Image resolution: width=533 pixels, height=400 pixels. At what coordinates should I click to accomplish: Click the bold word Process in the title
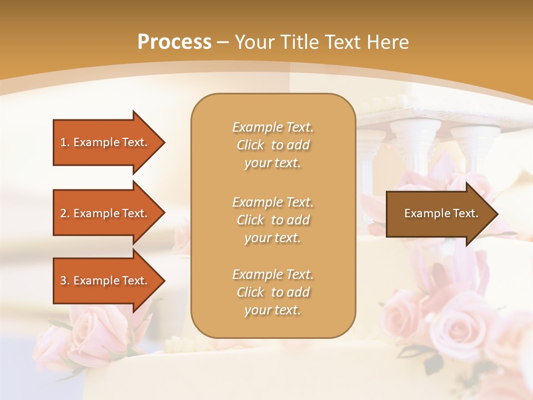tap(174, 42)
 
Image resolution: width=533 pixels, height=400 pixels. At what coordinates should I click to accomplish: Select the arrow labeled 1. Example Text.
tap(105, 142)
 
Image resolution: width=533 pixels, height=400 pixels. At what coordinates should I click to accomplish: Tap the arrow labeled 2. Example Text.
tap(105, 213)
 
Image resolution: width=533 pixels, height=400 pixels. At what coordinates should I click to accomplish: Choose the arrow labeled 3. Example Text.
tap(105, 281)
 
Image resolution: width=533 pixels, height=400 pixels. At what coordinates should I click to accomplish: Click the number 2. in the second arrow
tap(65, 213)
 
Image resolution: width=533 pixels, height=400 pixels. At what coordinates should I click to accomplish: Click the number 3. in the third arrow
tap(65, 281)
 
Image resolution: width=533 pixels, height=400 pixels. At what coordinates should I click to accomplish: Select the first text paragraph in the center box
tap(273, 145)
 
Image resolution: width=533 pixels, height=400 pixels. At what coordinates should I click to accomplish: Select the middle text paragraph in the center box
tap(273, 220)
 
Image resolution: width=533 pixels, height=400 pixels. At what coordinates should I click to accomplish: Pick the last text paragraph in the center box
tap(273, 292)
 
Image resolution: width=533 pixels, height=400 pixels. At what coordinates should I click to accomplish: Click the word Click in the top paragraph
tap(250, 145)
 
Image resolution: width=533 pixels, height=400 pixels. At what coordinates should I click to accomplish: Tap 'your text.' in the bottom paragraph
tap(273, 310)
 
